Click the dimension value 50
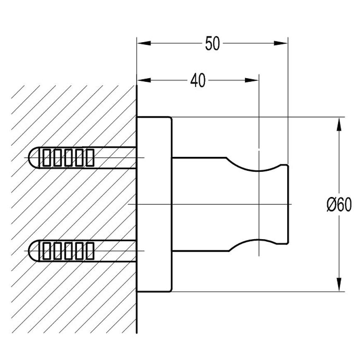(x=212, y=44)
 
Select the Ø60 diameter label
(x=339, y=205)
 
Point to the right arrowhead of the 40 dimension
(x=252, y=80)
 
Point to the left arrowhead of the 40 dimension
(x=143, y=80)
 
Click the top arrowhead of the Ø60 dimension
(x=339, y=125)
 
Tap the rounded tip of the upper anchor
(x=31, y=158)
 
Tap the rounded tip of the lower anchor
(x=31, y=251)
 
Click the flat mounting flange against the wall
(x=154, y=204)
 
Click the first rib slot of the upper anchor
(x=46, y=158)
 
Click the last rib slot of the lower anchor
(x=89, y=251)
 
